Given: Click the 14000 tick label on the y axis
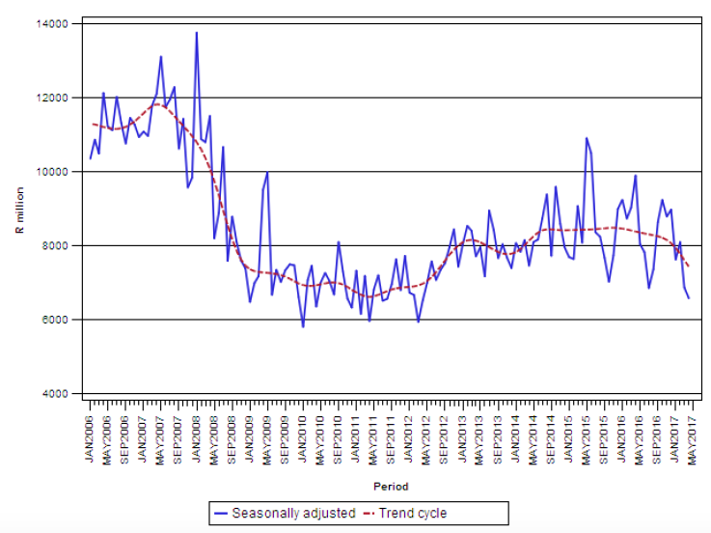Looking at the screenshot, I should [56, 23].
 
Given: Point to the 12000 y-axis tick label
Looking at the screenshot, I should [56, 98].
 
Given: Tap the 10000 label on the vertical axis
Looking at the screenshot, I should [56, 172].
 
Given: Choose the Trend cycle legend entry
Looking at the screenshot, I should [408, 513].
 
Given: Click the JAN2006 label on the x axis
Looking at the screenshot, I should [90, 434].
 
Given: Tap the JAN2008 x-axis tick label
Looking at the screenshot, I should [197, 434].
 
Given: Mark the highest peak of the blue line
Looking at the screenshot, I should [197, 32].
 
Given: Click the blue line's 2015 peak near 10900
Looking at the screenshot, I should [586, 138].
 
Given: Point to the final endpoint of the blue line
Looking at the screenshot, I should [689, 297].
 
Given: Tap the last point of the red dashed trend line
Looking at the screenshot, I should [689, 266].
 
